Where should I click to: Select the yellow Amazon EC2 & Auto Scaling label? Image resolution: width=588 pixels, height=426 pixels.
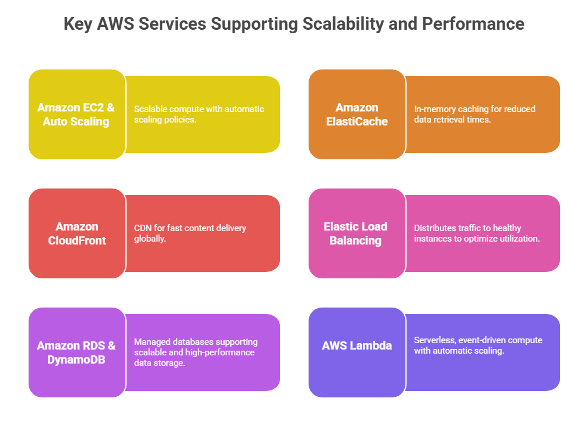click(x=76, y=114)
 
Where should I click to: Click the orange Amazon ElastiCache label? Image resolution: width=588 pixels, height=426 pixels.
click(x=357, y=114)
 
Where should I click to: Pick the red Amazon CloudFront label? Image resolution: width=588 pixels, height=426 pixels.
click(x=76, y=233)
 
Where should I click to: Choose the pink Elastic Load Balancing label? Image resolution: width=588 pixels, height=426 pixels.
click(x=356, y=233)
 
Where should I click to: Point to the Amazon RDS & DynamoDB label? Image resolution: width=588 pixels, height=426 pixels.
click(x=76, y=352)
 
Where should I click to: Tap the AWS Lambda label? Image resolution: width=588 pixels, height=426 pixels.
click(x=357, y=345)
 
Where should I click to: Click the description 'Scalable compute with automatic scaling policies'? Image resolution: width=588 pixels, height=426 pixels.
click(x=199, y=114)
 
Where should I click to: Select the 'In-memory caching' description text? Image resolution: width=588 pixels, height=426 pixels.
click(x=474, y=114)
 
